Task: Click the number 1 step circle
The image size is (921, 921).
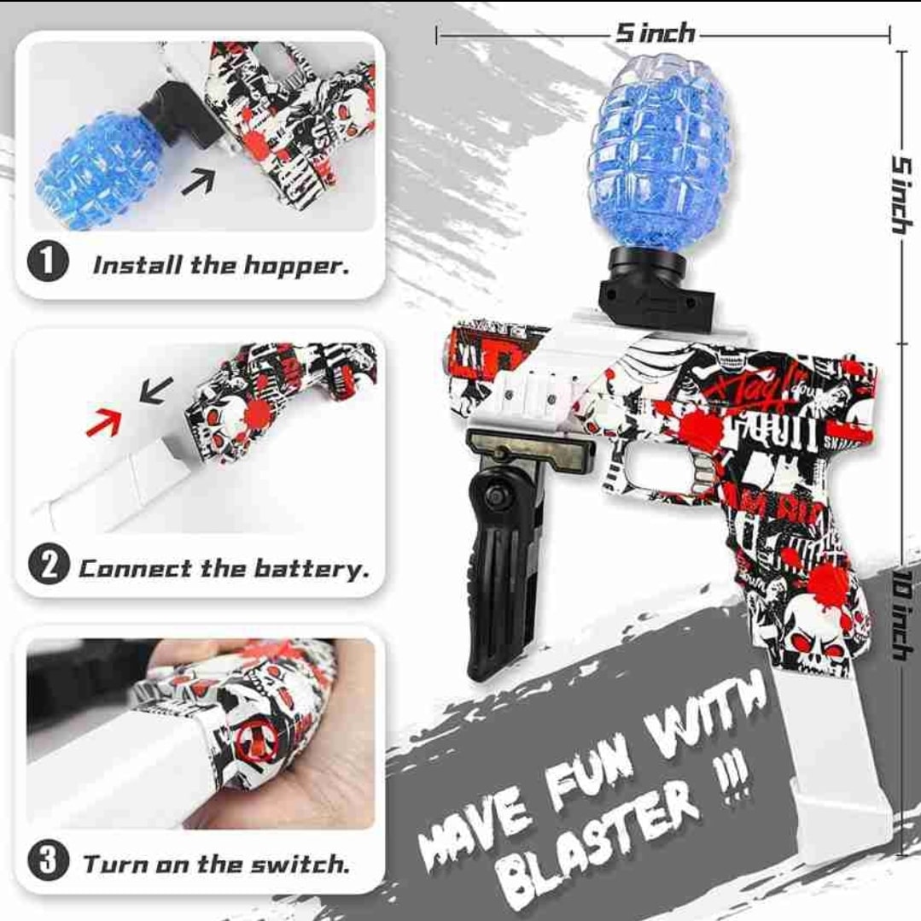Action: pos(48,262)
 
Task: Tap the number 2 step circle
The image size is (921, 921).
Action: pos(48,566)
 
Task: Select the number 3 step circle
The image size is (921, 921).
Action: pos(48,860)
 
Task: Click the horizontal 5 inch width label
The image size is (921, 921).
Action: pos(655,33)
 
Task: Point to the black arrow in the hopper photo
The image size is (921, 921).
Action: pos(198,180)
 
